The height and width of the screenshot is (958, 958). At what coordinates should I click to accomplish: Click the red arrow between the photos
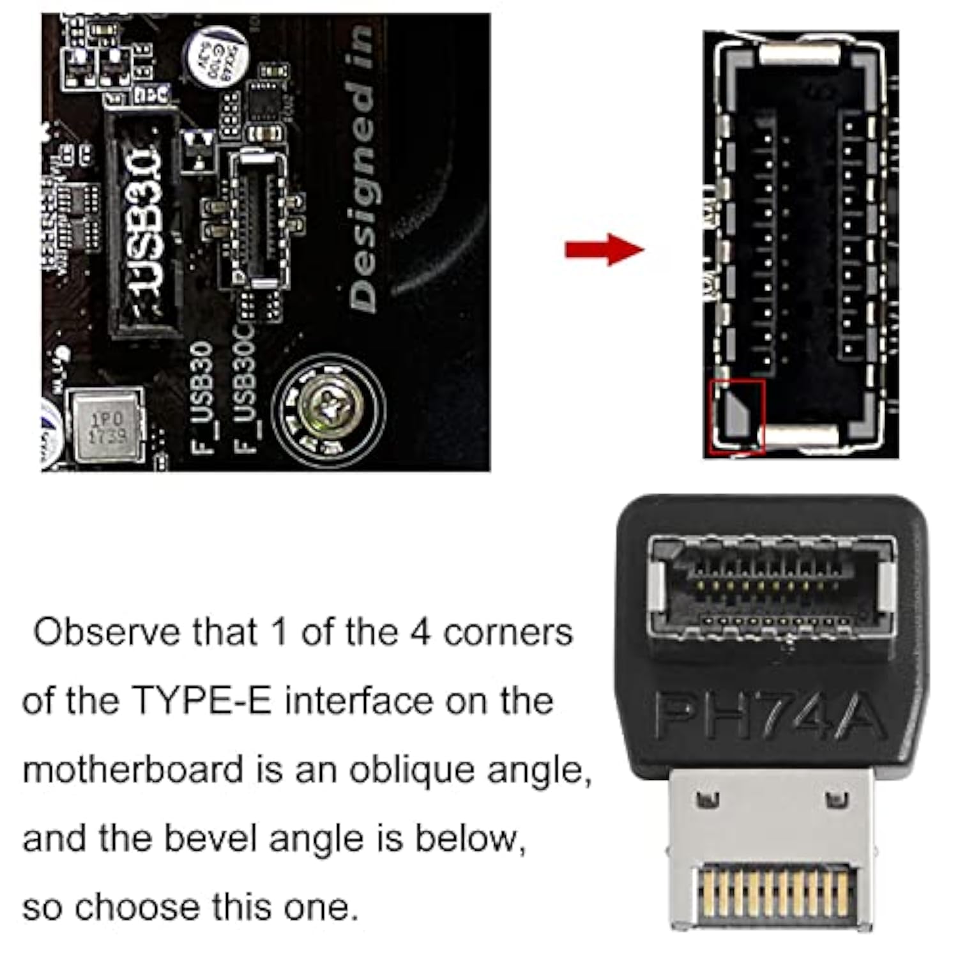pos(604,249)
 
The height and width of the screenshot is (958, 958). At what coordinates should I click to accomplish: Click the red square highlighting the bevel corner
pos(738,416)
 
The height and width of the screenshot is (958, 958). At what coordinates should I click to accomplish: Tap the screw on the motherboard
pos(328,407)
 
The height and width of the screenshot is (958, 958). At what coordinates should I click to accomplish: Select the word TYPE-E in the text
pos(202,701)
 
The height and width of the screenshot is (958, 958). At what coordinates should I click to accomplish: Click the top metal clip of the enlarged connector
pos(798,54)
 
